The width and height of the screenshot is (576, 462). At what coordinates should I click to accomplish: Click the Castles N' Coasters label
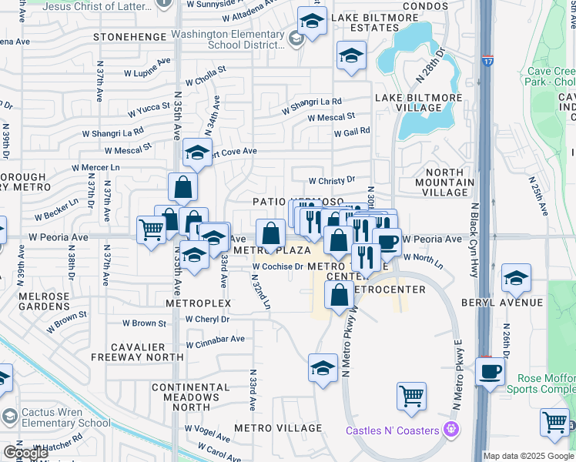tap(393, 430)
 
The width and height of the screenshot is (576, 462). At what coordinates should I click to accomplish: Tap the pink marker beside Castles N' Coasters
tap(451, 429)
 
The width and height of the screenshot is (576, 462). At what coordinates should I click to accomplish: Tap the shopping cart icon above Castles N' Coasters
tap(412, 397)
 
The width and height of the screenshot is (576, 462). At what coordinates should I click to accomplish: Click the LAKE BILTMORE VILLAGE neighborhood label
tap(418, 103)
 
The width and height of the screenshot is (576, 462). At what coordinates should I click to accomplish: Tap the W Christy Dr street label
tap(331, 180)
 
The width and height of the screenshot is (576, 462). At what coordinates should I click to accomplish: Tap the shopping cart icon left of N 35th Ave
tap(151, 229)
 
